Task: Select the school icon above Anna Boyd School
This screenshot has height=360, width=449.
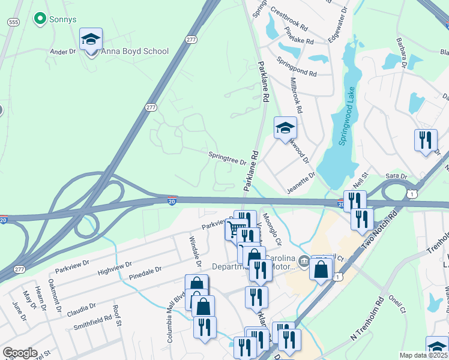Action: [x=91, y=40]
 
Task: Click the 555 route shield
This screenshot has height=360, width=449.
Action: [x=13, y=22]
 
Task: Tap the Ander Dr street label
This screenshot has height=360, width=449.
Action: [x=63, y=52]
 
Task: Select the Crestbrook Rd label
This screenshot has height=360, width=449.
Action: [x=289, y=28]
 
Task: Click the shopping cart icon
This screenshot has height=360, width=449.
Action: [x=233, y=229]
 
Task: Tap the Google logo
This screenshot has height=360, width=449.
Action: [x=20, y=353]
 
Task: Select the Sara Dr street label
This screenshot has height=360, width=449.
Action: [x=397, y=177]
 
